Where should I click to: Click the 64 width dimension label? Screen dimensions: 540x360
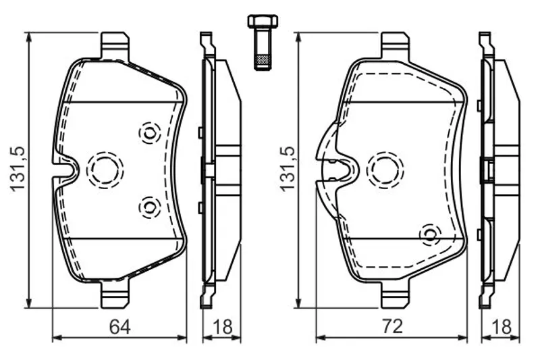pyautogui.click(x=120, y=326)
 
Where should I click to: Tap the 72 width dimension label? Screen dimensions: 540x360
pyautogui.click(x=392, y=326)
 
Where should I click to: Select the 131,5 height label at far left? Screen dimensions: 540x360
pyautogui.click(x=18, y=168)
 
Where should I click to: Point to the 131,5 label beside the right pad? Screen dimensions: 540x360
pyautogui.click(x=288, y=168)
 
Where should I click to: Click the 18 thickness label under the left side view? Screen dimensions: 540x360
pyautogui.click(x=223, y=326)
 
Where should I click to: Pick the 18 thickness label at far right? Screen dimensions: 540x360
pyautogui.click(x=502, y=326)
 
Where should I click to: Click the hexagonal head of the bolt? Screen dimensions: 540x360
pyautogui.click(x=263, y=21)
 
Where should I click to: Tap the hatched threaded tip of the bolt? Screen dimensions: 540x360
pyautogui.click(x=263, y=61)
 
